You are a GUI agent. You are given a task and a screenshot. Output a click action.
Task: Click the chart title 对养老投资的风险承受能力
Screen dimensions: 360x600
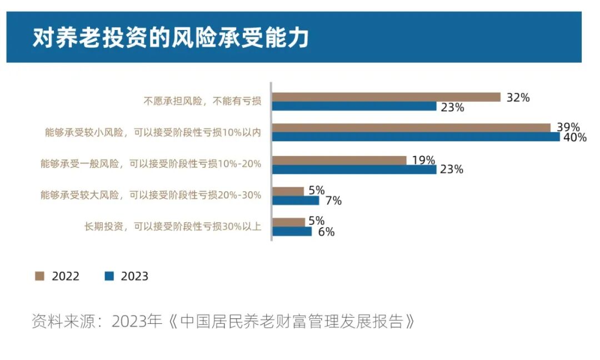click(x=171, y=38)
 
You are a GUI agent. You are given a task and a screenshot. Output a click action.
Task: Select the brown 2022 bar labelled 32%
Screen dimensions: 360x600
click(x=386, y=97)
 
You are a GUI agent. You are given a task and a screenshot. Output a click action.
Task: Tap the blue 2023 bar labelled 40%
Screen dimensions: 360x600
click(x=416, y=137)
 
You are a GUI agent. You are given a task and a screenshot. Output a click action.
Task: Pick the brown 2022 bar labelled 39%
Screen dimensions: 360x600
click(x=411, y=127)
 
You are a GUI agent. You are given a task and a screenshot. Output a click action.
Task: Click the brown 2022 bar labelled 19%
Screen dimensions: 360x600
click(x=339, y=160)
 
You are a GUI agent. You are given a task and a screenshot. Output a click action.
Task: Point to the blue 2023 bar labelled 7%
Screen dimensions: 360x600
click(x=296, y=201)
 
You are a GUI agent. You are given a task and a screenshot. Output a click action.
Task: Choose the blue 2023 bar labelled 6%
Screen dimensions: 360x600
click(x=292, y=231)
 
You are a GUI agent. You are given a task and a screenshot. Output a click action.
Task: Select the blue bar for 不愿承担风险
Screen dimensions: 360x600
click(x=354, y=107)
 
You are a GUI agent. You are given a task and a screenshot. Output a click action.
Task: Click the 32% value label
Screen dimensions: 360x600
click(x=518, y=98)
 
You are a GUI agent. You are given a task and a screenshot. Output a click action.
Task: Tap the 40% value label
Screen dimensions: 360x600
click(x=574, y=138)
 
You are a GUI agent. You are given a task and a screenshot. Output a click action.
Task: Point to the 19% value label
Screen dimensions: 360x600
click(x=423, y=160)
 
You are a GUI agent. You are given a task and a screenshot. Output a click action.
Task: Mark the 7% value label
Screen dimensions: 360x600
click(x=333, y=201)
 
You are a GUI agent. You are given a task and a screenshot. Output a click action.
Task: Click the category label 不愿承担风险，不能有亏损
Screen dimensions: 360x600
click(x=202, y=101)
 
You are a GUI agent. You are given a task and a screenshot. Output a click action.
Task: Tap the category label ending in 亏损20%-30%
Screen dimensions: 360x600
click(x=151, y=195)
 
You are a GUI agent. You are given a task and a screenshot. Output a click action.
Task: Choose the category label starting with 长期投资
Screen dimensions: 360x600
click(x=172, y=226)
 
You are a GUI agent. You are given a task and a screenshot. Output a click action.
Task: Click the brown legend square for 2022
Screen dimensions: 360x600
click(x=39, y=276)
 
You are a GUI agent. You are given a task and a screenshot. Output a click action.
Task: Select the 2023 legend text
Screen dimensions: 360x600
click(x=134, y=276)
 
